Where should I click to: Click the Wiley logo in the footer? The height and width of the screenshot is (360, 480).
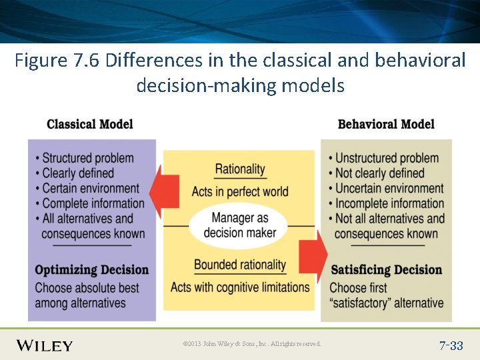click(45, 345)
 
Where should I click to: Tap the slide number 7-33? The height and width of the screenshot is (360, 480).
click(451, 345)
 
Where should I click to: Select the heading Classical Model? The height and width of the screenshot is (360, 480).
click(90, 124)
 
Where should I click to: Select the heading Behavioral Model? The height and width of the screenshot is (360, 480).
click(386, 124)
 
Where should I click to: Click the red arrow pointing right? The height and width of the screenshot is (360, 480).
click(313, 253)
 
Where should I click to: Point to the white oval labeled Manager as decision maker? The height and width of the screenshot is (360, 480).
click(239, 225)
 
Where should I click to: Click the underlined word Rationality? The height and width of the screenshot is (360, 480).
click(240, 169)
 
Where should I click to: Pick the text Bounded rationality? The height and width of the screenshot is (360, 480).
click(240, 265)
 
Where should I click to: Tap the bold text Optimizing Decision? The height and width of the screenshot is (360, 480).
click(91, 270)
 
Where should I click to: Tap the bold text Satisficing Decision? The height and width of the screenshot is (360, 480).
click(387, 270)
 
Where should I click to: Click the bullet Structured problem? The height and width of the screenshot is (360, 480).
click(87, 158)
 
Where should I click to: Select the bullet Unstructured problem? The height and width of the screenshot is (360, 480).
click(387, 158)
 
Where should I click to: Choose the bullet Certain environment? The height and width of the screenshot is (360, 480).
click(91, 188)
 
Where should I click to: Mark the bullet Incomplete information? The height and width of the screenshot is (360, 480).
click(389, 203)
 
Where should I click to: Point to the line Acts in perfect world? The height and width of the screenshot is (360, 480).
click(240, 192)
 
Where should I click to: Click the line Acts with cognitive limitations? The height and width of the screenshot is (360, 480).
click(240, 287)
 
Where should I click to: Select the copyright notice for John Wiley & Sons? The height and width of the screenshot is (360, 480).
click(252, 344)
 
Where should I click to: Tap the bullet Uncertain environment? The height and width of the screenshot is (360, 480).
click(389, 188)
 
